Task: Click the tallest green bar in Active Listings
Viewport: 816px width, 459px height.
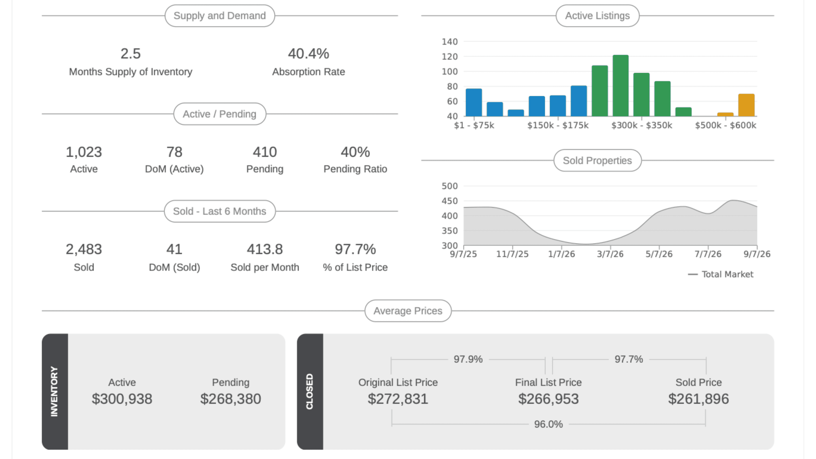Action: click(620, 86)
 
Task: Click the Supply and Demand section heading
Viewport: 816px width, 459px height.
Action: click(220, 15)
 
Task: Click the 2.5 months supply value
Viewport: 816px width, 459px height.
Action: click(131, 54)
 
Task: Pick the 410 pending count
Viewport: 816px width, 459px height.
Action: click(265, 152)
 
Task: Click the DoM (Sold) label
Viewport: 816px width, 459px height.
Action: click(174, 267)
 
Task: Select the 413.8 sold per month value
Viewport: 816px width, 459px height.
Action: click(265, 249)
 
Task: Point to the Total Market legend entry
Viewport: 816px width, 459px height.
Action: click(721, 274)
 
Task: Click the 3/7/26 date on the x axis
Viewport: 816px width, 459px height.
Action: click(610, 254)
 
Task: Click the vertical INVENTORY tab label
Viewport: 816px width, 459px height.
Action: click(54, 392)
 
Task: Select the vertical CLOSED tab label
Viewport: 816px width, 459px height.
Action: click(310, 392)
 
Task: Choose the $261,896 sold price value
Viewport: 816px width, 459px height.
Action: click(698, 399)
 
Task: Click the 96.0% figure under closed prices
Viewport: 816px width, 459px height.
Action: click(548, 424)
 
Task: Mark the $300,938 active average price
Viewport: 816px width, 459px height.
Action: click(122, 399)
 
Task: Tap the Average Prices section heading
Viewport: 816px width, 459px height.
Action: click(408, 311)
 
